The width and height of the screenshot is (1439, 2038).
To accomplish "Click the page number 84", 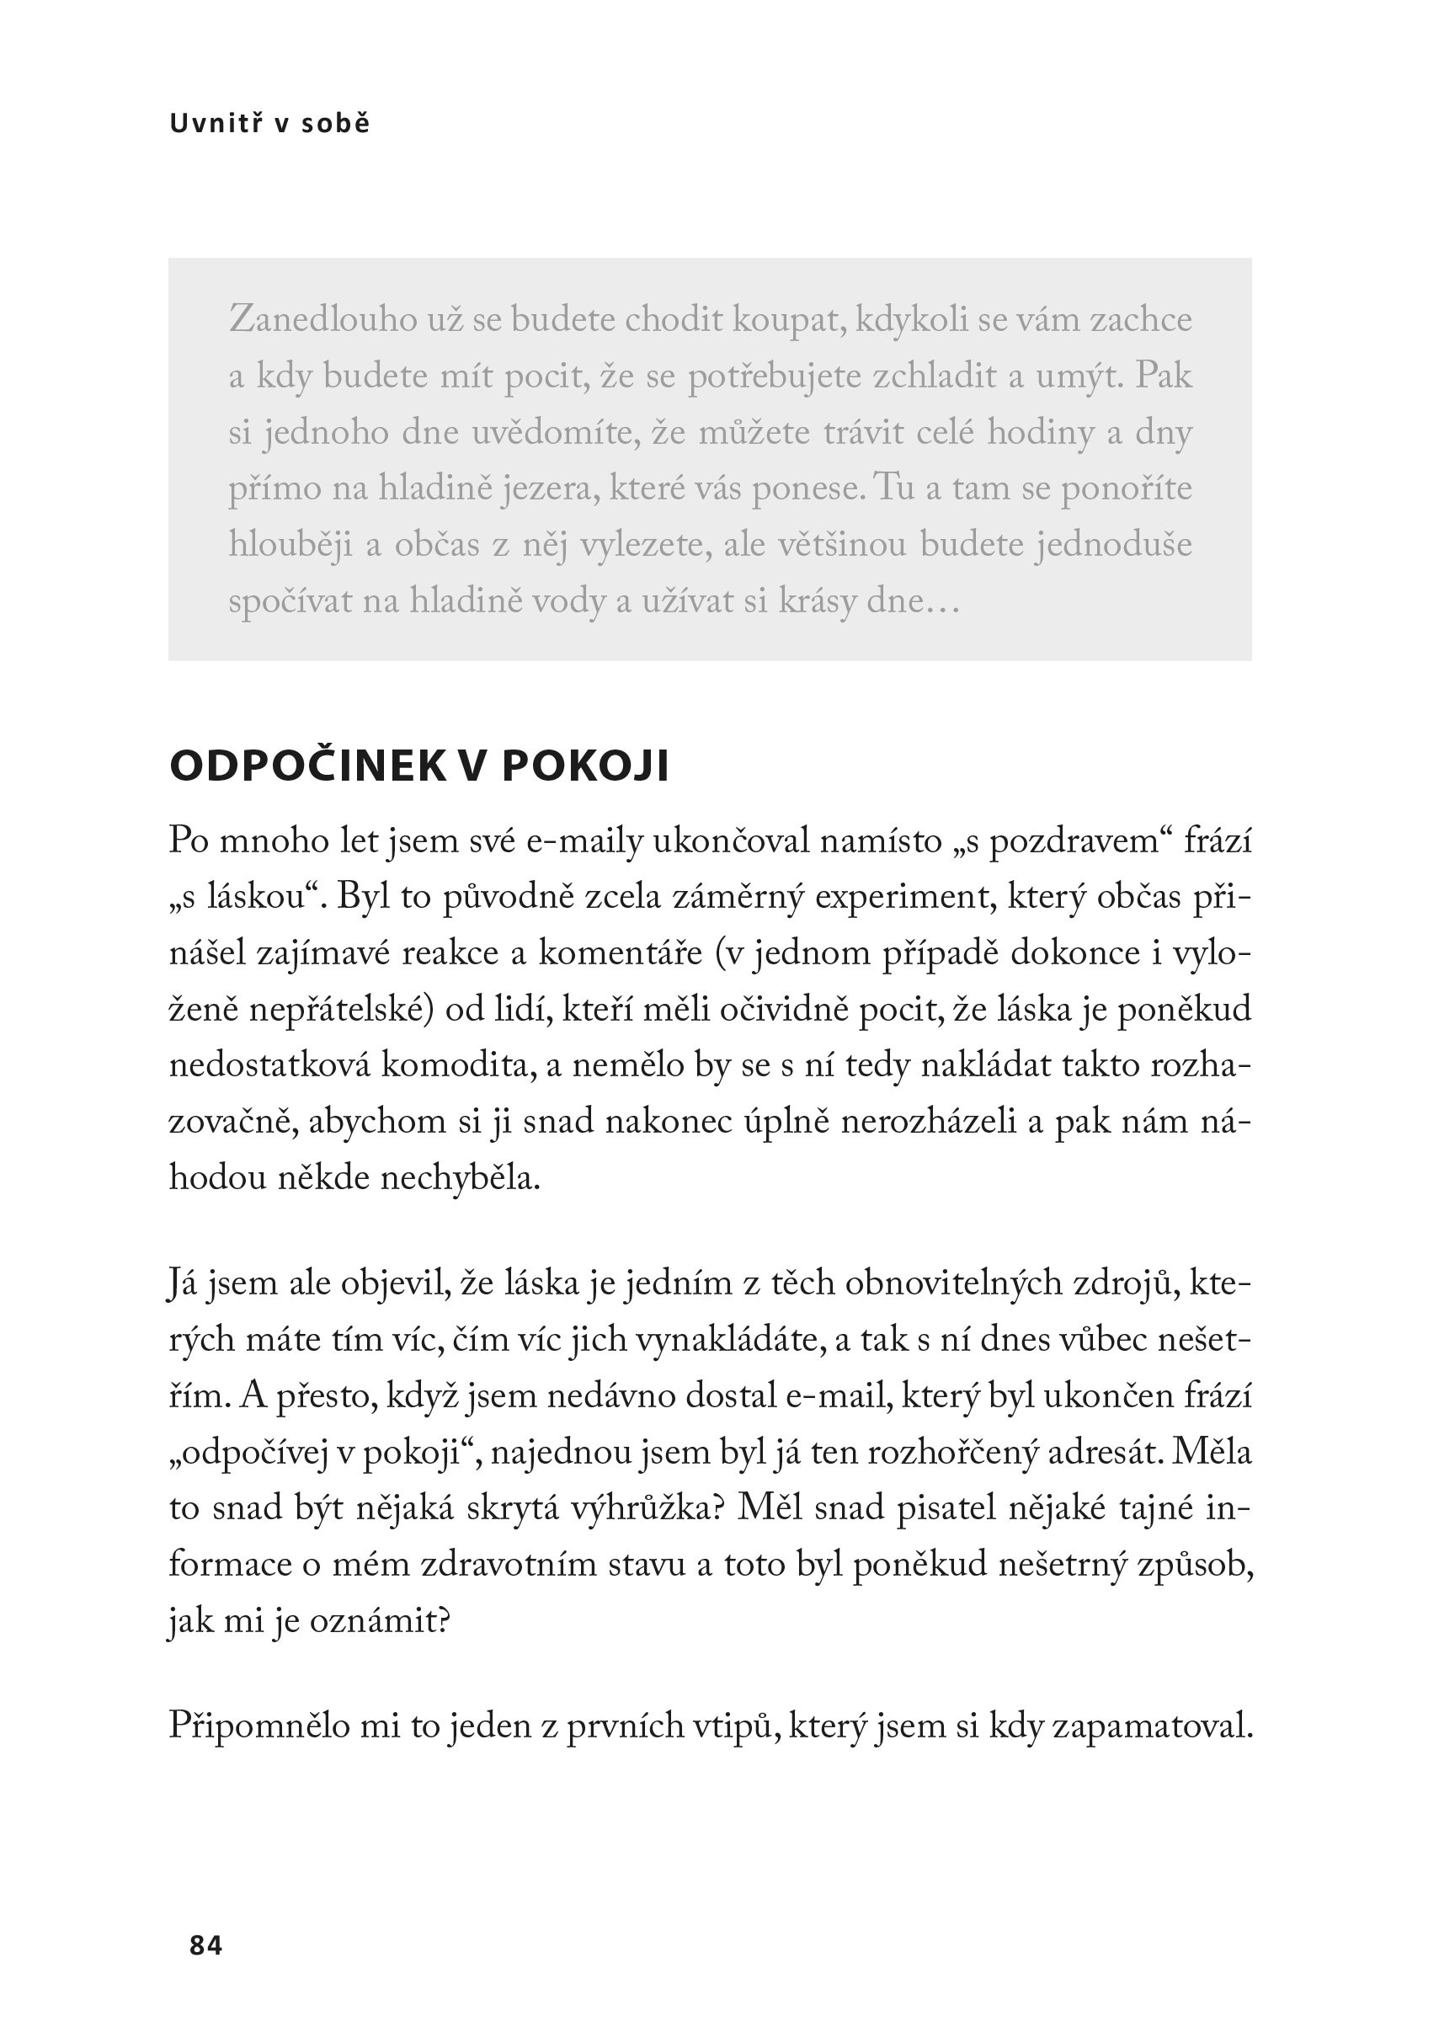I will coord(206,1945).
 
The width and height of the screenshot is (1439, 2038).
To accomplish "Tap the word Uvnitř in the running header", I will coord(216,124).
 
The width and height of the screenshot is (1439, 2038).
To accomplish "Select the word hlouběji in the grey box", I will coord(291,545).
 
